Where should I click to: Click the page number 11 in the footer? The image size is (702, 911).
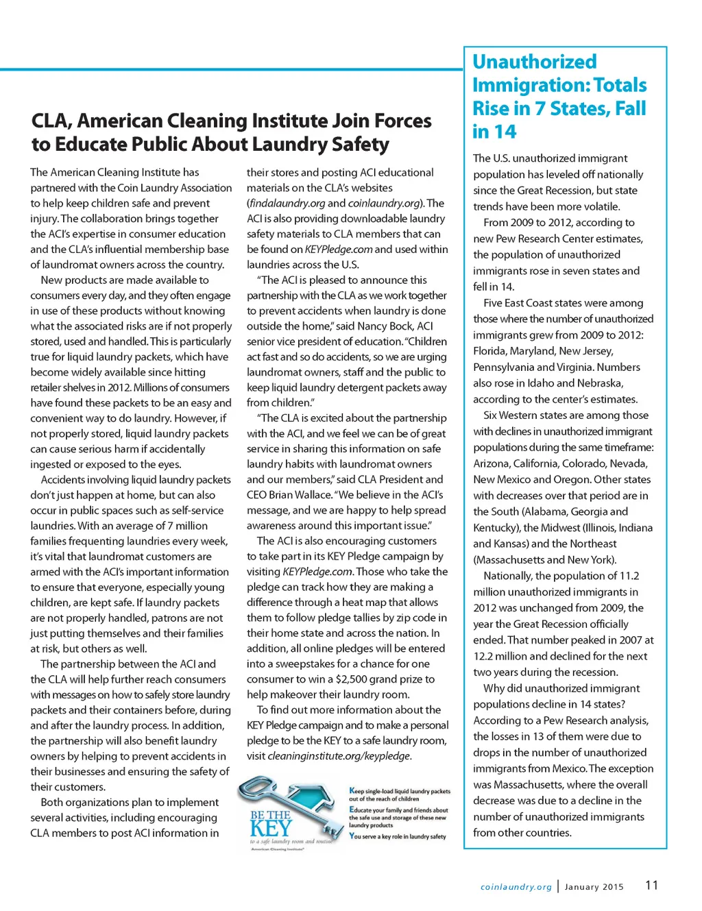[651, 885]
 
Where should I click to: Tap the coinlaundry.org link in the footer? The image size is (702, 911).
[516, 887]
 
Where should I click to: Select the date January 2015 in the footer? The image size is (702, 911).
[594, 887]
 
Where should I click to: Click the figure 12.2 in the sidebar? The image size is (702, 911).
[485, 656]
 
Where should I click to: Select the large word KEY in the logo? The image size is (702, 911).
[271, 828]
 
